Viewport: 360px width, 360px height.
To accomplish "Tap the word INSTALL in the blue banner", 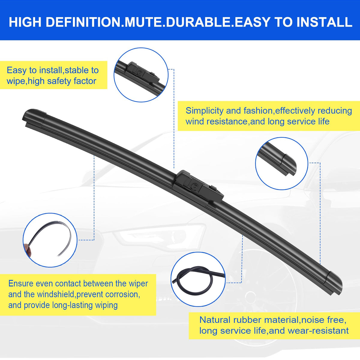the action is tap(324, 22).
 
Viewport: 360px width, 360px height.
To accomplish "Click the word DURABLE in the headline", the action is tap(198, 22).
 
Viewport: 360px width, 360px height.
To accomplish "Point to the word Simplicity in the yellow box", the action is tap(204, 111).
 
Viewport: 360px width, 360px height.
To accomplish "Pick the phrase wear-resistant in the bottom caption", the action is tap(318, 331).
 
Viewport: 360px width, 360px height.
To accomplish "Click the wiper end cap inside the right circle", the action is tap(289, 164).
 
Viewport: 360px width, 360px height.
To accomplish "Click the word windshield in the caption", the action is tap(56, 294).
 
